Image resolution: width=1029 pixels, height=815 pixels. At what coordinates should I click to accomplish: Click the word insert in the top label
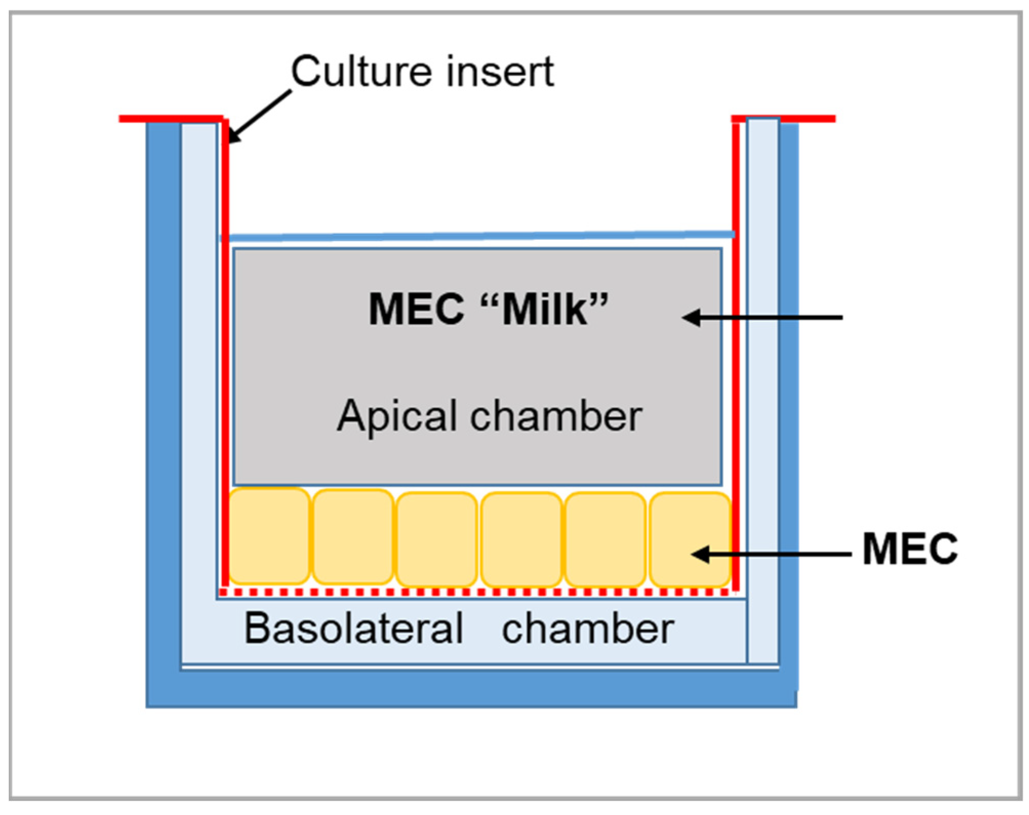500,72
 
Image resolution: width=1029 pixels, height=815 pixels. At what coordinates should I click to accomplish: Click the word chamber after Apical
556,416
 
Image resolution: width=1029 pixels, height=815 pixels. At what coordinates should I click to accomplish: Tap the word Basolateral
354,628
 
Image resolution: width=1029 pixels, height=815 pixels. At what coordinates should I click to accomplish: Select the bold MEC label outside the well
910,549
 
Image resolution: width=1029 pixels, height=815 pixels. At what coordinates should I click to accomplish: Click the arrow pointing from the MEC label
769,554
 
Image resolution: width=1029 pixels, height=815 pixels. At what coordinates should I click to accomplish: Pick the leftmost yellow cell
269,536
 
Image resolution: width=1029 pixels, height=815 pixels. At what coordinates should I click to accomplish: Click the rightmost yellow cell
690,538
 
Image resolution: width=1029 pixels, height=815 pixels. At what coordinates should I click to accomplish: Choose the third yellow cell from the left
437,538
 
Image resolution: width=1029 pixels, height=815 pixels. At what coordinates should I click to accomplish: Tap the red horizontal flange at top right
807,119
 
